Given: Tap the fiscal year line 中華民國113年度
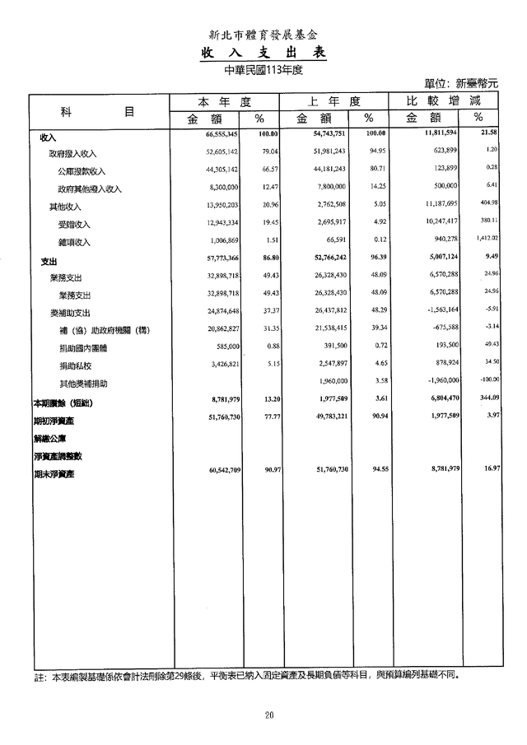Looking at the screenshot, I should (x=263, y=70).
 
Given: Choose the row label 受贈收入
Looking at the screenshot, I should (x=74, y=224).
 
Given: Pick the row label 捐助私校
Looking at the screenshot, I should (x=76, y=365).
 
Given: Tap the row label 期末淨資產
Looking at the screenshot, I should (x=49, y=474).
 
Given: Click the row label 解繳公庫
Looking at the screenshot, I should (x=48, y=439).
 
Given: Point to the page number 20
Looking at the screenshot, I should (x=268, y=715).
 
